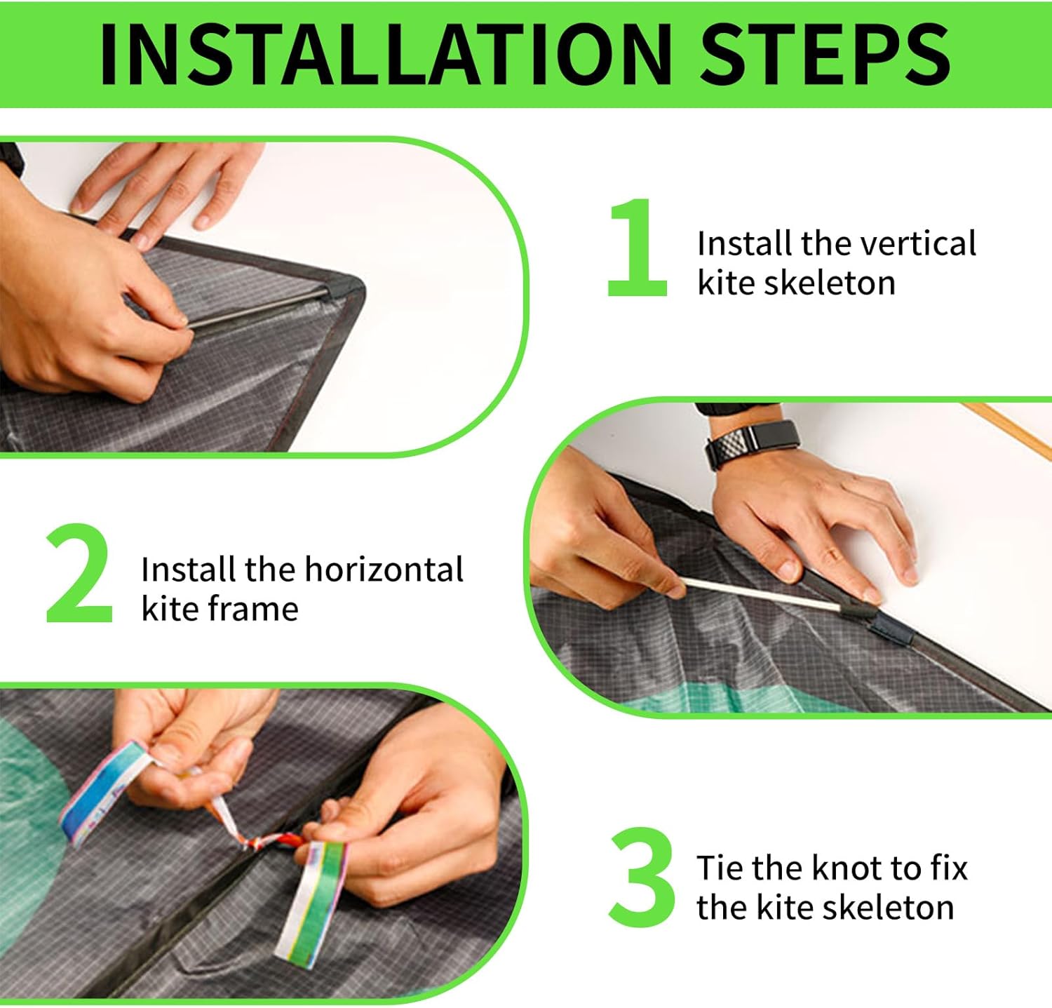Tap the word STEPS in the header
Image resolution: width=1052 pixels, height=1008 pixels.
(x=825, y=55)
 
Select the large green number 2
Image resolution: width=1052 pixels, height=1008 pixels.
(x=79, y=573)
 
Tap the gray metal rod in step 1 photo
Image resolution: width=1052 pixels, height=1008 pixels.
(x=257, y=307)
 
